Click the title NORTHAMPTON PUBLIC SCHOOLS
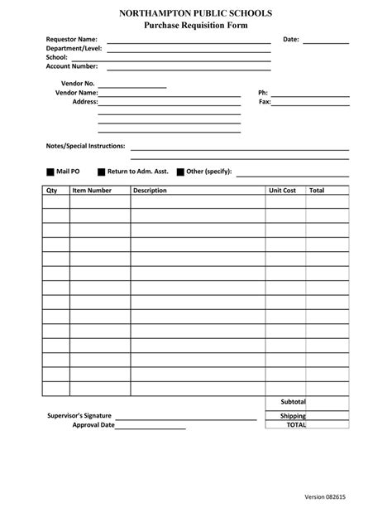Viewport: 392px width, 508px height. [195, 15]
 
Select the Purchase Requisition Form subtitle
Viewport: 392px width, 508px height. [195, 27]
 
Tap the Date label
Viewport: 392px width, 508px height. [291, 40]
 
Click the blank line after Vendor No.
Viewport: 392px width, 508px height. [132, 85]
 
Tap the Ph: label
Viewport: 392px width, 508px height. [264, 93]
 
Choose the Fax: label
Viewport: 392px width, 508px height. [265, 102]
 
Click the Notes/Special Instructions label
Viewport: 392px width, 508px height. [85, 146]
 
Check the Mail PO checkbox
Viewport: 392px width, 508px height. [50, 172]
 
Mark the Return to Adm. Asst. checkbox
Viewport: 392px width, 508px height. [101, 172]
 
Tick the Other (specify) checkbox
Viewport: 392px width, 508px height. [180, 172]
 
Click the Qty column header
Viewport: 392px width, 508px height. [51, 191]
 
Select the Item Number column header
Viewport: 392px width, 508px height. [92, 191]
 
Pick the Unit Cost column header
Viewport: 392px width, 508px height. [282, 191]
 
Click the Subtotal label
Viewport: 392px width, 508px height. [293, 402]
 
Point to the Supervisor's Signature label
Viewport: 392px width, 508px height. [80, 415]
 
